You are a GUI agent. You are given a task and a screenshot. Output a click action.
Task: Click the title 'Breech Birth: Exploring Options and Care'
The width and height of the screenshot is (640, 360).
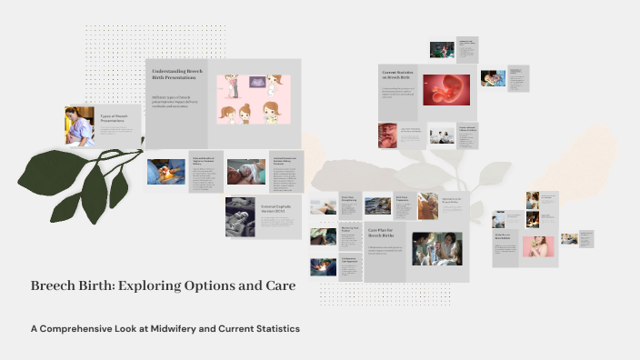click(x=163, y=285)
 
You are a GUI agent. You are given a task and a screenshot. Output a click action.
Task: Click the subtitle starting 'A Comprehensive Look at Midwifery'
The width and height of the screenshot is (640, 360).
click(x=165, y=328)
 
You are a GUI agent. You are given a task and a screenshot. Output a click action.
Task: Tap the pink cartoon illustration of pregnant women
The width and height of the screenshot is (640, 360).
click(x=252, y=100)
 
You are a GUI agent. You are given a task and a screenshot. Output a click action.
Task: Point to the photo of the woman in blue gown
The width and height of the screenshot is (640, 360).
click(x=79, y=125)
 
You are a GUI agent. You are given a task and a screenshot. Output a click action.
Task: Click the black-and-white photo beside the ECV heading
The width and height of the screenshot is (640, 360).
click(x=241, y=217)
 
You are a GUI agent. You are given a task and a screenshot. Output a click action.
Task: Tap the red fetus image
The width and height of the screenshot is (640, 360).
click(x=445, y=89)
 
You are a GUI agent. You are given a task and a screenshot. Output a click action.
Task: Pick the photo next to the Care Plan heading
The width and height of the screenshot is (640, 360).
click(x=436, y=248)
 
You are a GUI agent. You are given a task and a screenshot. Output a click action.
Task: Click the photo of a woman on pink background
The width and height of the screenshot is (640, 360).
click(x=537, y=245)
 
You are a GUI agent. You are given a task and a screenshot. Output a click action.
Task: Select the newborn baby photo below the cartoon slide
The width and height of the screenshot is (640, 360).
click(x=245, y=172)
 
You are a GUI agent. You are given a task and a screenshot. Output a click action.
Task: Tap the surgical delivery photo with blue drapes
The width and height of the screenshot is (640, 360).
click(x=165, y=171)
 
